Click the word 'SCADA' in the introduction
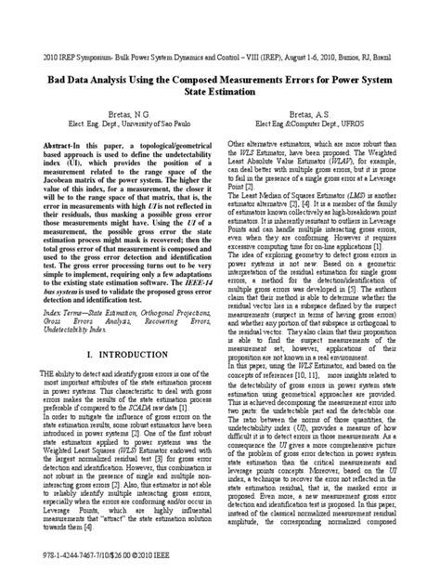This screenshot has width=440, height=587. tap(160, 403)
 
